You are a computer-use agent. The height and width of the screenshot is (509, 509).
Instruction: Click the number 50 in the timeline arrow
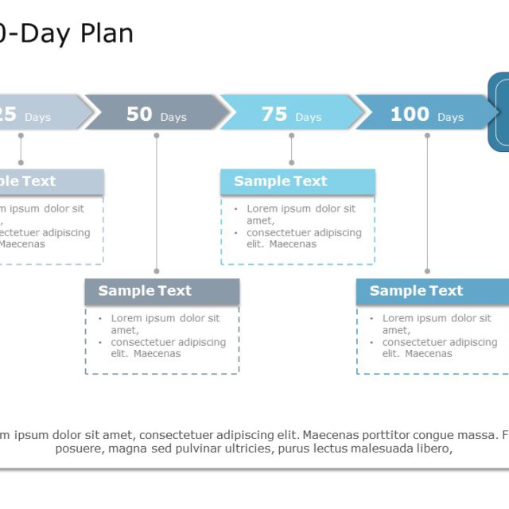click(x=139, y=115)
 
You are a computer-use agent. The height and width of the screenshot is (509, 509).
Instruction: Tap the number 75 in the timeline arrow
click(x=274, y=115)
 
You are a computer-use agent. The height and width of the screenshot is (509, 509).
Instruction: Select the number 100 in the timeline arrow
click(x=410, y=115)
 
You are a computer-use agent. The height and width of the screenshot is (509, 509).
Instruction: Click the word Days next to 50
click(x=173, y=118)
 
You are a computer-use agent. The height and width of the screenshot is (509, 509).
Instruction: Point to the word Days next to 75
click(x=309, y=118)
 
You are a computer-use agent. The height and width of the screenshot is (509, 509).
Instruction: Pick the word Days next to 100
click(x=450, y=118)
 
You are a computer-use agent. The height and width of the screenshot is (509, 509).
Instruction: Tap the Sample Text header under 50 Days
click(x=145, y=291)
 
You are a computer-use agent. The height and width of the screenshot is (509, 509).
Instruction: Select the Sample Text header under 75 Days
click(x=281, y=181)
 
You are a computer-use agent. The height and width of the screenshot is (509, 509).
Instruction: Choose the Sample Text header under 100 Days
click(x=416, y=291)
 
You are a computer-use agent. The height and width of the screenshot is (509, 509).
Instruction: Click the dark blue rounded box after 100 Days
click(x=499, y=111)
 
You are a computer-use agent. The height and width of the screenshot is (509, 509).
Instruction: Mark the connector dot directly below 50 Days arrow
click(x=157, y=136)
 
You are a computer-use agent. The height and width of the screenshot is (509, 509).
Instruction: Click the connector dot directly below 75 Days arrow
click(x=292, y=136)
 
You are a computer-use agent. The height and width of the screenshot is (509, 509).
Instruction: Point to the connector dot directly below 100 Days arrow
click(x=427, y=136)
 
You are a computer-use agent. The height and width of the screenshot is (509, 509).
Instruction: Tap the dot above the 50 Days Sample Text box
click(x=157, y=271)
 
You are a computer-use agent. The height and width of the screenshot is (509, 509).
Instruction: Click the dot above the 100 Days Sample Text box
click(x=427, y=271)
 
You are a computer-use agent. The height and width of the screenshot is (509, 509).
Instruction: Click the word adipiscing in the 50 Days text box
click(x=202, y=343)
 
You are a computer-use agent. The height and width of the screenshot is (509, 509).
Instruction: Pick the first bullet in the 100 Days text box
click(x=371, y=319)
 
